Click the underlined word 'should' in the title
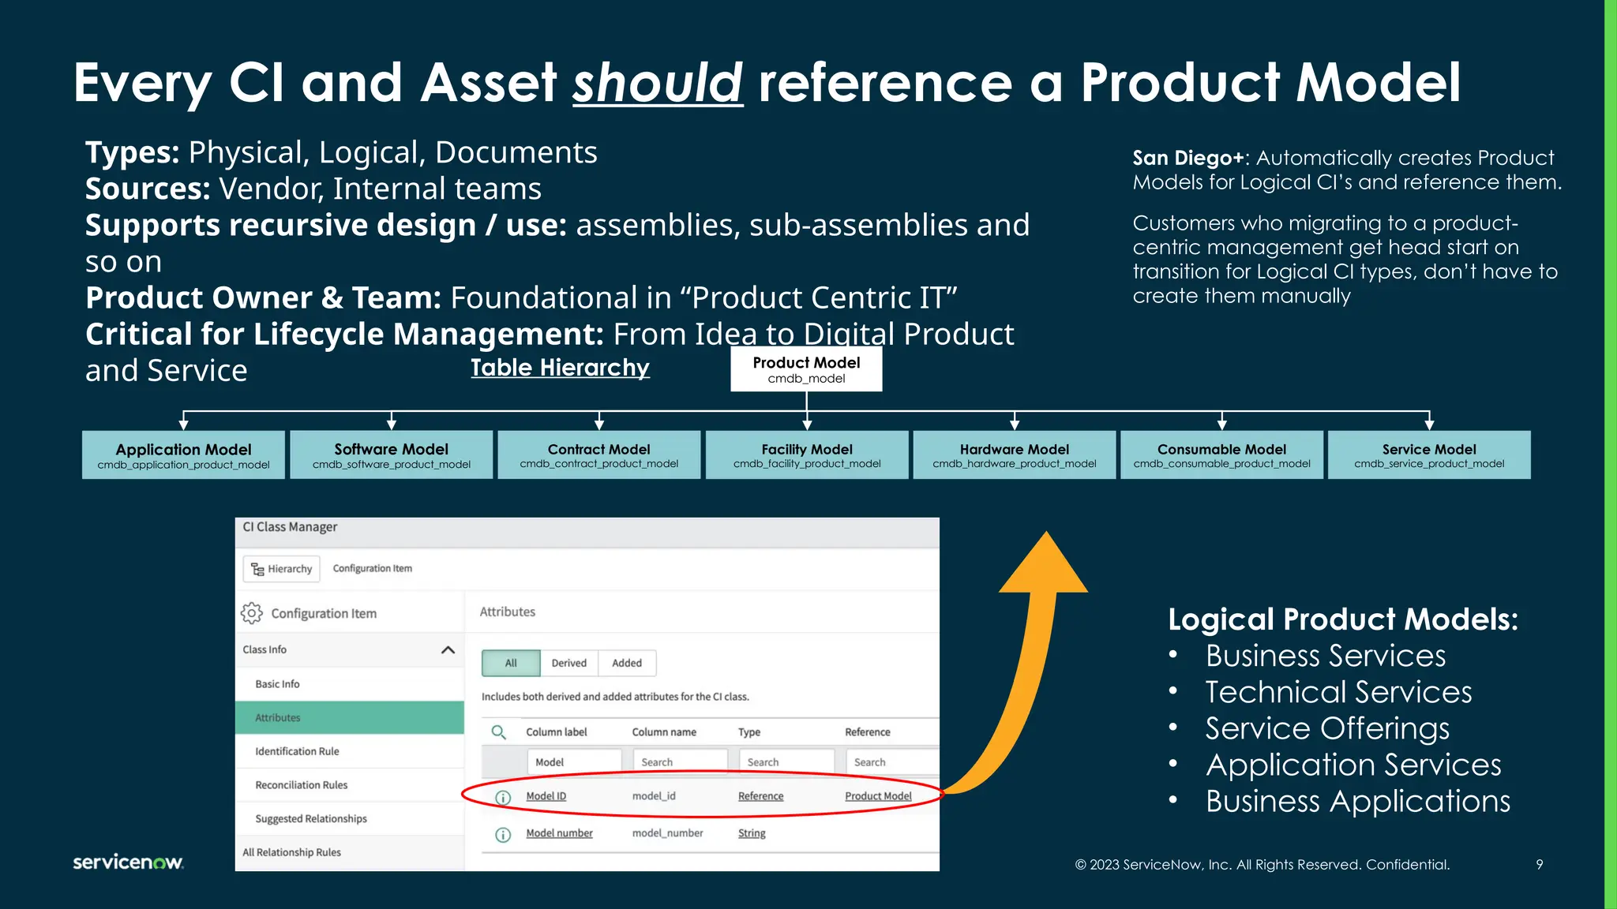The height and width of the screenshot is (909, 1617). (x=658, y=83)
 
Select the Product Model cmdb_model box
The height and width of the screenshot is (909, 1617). (x=806, y=370)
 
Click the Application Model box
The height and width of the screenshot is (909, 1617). (x=183, y=455)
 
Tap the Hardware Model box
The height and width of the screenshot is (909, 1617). (x=1014, y=455)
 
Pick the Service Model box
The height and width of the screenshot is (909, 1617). (x=1428, y=455)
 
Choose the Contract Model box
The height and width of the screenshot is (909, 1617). (x=598, y=455)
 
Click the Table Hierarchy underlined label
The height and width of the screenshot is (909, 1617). (x=560, y=368)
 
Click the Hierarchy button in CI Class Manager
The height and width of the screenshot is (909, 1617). (x=282, y=569)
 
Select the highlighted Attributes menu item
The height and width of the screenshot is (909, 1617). (x=349, y=718)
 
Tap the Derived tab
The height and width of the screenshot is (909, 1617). (x=568, y=663)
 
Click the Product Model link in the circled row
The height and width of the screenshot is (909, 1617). (x=878, y=796)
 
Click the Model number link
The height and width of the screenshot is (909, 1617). (x=559, y=833)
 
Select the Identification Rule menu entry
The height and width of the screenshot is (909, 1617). (x=297, y=751)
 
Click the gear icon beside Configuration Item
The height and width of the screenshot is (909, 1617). (x=252, y=613)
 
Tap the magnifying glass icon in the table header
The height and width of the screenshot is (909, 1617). (x=498, y=732)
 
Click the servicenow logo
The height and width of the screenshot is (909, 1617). (x=128, y=862)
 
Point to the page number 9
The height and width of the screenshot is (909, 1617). (x=1539, y=865)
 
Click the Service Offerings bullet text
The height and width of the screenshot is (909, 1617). (x=1326, y=728)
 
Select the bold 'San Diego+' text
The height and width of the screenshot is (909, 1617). (x=1187, y=158)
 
